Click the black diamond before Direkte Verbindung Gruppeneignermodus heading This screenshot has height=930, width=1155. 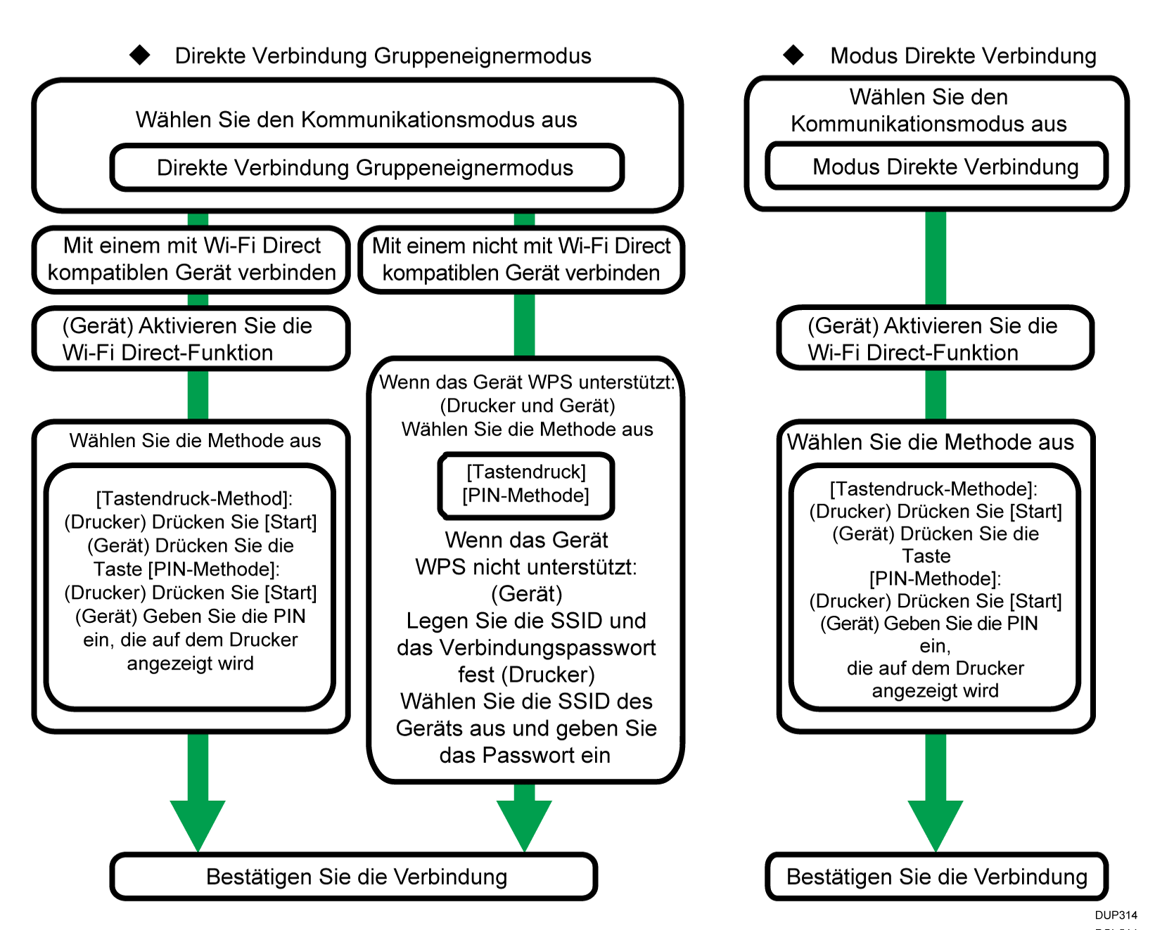140,55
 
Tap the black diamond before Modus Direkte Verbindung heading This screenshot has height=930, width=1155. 793,55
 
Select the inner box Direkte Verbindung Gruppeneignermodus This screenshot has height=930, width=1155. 366,168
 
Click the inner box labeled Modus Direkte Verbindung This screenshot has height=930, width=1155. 937,167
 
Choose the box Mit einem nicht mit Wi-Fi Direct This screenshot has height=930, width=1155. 521,259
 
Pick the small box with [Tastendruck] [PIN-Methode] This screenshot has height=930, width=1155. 526,484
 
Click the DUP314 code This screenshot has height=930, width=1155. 1116,915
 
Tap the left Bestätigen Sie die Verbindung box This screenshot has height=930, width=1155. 355,877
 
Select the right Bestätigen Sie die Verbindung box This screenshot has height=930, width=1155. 936,877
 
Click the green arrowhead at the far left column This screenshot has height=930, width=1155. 198,822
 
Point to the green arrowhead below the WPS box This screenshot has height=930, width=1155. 524,822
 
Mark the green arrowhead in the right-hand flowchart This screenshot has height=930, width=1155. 935,822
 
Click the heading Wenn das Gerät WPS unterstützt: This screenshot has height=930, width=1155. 527,382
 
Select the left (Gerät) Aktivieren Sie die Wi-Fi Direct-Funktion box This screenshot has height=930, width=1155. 191,339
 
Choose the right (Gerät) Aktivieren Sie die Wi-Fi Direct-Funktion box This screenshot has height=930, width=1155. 935,339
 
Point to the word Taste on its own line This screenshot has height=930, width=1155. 926,556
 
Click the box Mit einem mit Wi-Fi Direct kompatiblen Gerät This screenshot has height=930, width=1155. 191,259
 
